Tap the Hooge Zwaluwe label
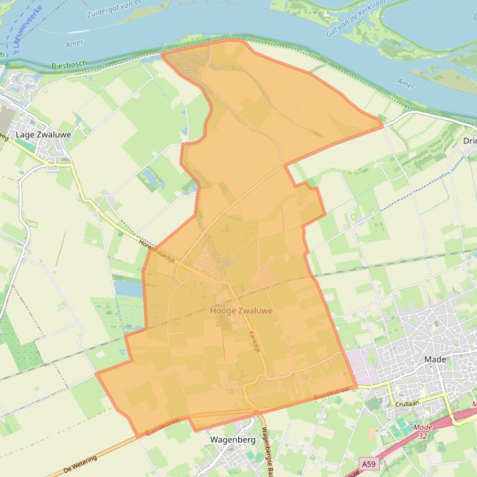click(x=241, y=310)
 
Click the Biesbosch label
click(x=69, y=64)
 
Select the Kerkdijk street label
click(x=254, y=341)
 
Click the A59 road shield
click(x=368, y=463)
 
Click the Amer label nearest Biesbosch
click(x=74, y=44)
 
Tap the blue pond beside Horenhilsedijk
click(x=127, y=287)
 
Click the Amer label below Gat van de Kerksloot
click(x=406, y=84)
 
